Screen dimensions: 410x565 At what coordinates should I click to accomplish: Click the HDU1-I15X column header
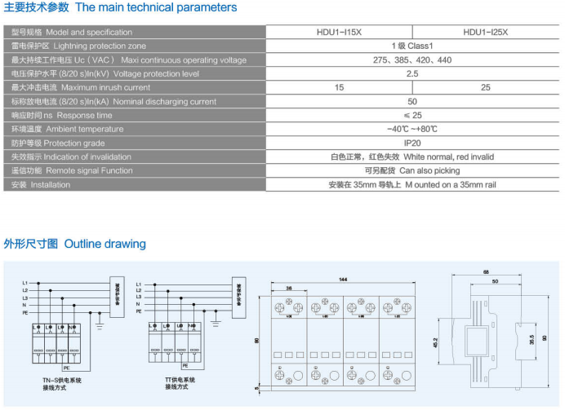point(339,33)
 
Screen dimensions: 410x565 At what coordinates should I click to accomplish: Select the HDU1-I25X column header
point(485,33)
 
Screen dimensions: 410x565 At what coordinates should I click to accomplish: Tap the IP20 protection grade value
point(412,143)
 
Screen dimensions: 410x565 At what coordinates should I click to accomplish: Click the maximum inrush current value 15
point(339,87)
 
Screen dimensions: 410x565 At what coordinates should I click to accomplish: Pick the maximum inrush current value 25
point(486,87)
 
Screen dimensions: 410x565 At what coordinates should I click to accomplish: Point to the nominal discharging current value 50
point(412,101)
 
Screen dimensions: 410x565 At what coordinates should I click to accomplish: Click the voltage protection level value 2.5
point(412,73)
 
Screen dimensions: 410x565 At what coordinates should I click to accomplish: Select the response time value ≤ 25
point(412,115)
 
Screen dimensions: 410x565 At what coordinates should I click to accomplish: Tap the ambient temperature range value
point(412,129)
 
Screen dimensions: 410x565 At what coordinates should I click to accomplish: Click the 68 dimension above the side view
point(485,271)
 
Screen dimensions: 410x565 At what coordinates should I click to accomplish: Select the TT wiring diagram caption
point(180,384)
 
